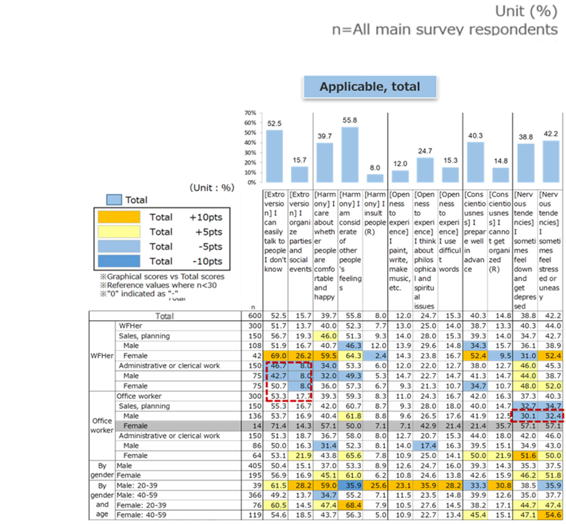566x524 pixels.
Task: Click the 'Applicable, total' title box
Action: coord(371,87)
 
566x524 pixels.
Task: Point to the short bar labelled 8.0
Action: coord(375,178)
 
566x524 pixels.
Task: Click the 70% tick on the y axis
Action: coord(251,114)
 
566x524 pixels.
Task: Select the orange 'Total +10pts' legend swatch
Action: coord(120,217)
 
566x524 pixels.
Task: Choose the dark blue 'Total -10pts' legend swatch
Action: coord(120,261)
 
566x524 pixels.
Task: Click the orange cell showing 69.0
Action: coord(276,354)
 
